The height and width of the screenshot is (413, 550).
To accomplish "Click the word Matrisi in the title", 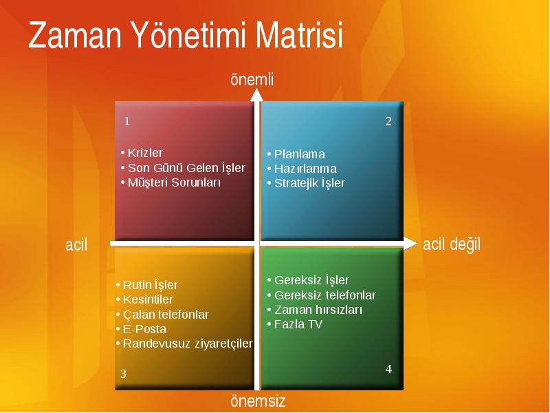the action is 299,34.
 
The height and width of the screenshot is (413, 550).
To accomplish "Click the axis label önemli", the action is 252,79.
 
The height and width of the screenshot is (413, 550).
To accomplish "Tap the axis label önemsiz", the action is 258,401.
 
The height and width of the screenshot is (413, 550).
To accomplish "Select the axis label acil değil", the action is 452,244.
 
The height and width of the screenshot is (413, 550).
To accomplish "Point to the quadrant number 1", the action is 127,122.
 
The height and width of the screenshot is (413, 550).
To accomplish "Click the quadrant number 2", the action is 388,121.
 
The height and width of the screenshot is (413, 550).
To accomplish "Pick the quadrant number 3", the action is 123,374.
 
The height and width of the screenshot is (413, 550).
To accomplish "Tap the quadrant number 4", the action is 388,369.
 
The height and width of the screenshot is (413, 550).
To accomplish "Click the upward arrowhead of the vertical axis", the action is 257,94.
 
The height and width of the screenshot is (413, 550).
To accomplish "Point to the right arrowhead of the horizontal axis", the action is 410,244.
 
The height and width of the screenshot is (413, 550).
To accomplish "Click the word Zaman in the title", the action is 75,34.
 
